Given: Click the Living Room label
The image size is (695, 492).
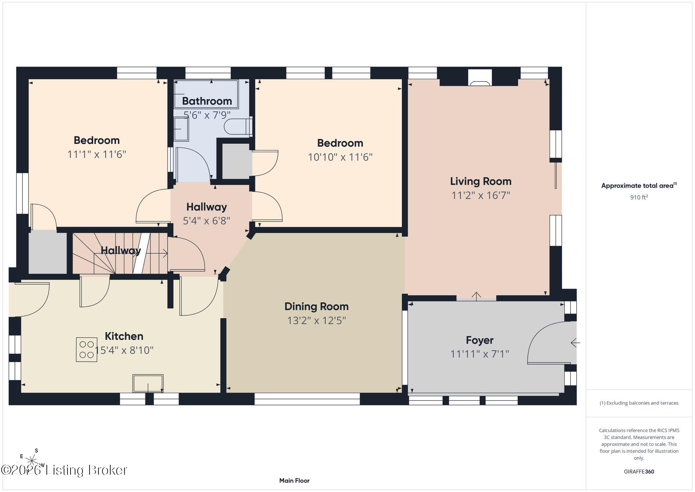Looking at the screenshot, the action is tap(481, 181).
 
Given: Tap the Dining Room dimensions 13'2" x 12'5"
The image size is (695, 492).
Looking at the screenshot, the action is tap(317, 321).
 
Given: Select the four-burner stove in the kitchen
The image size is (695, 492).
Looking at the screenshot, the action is tap(87, 349).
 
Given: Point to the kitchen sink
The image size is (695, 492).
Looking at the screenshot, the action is tap(148, 383).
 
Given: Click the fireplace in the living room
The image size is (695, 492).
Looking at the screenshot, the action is tap(480, 78).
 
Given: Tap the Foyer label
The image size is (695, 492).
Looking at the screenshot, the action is tap(480, 340).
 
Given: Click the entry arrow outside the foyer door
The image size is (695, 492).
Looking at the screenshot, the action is tap(576, 343).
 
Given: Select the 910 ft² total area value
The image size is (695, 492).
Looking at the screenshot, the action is tap(639, 197).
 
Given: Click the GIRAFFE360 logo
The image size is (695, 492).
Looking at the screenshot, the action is tap(639, 472).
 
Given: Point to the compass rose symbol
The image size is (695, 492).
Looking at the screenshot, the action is tap(32, 461).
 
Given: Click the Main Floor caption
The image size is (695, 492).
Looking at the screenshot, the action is tap(294, 480).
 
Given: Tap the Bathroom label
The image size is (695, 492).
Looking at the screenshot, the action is tap(207, 101).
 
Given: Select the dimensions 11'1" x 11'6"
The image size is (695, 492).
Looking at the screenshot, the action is tap(97, 154).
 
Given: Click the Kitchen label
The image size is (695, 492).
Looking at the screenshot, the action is tap(124, 336).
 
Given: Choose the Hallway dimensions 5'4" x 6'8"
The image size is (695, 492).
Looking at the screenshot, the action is tap(206, 221).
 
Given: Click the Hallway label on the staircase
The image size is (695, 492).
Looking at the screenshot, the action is tap(121, 251).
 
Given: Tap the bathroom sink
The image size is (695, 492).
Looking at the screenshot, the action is tap(181, 129).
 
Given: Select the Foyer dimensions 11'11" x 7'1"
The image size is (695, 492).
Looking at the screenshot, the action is tap(480, 354).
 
